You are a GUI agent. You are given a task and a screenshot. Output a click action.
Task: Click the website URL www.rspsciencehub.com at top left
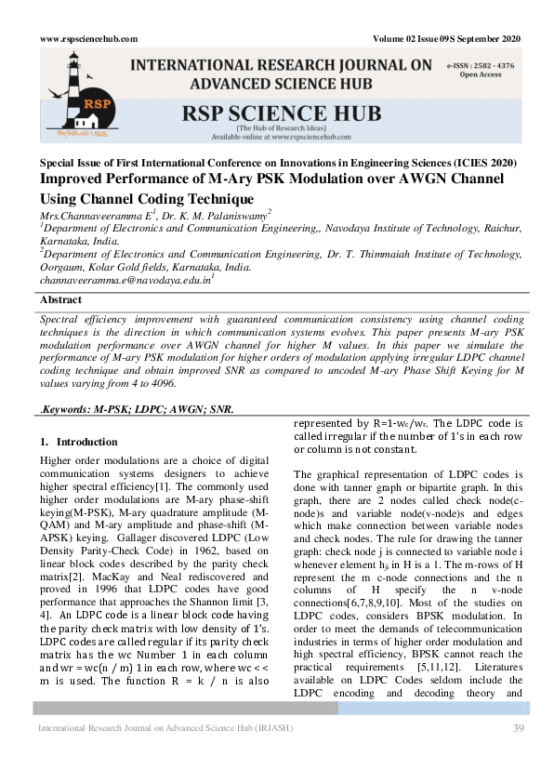coord(89,38)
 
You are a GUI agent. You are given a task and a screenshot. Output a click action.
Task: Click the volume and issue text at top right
coord(446,38)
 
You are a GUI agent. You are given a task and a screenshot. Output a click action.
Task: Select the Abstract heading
coord(60,299)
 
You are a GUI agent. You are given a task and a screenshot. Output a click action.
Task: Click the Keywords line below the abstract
coord(137,409)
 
